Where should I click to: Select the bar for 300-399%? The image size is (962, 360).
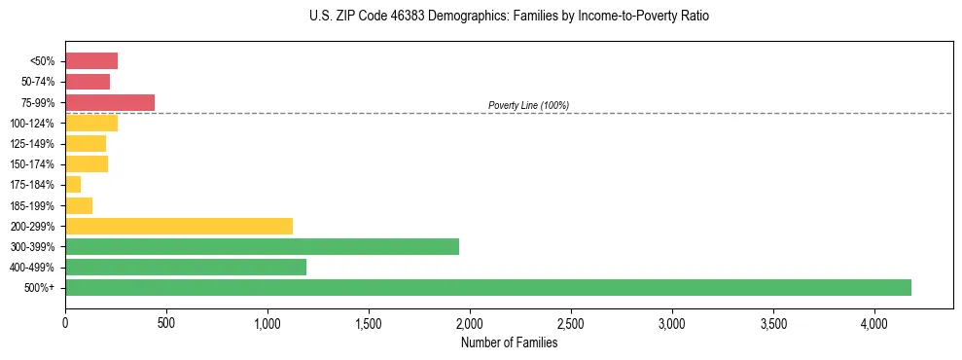[x=262, y=246]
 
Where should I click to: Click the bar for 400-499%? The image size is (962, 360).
[x=186, y=267]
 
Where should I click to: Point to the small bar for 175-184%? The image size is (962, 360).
[x=73, y=184]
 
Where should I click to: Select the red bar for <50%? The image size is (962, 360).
[x=91, y=61]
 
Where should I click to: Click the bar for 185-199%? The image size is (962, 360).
[x=79, y=205]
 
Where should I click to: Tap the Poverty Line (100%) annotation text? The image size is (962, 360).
[x=528, y=105]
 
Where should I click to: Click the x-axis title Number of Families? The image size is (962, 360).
[x=509, y=342]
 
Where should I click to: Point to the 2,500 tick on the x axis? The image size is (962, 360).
[x=571, y=322]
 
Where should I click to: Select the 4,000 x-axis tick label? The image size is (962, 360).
[x=874, y=322]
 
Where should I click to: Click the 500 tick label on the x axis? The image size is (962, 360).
[x=166, y=322]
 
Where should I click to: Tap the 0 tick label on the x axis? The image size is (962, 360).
[x=65, y=322]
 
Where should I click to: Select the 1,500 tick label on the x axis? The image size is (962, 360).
[x=369, y=322]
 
